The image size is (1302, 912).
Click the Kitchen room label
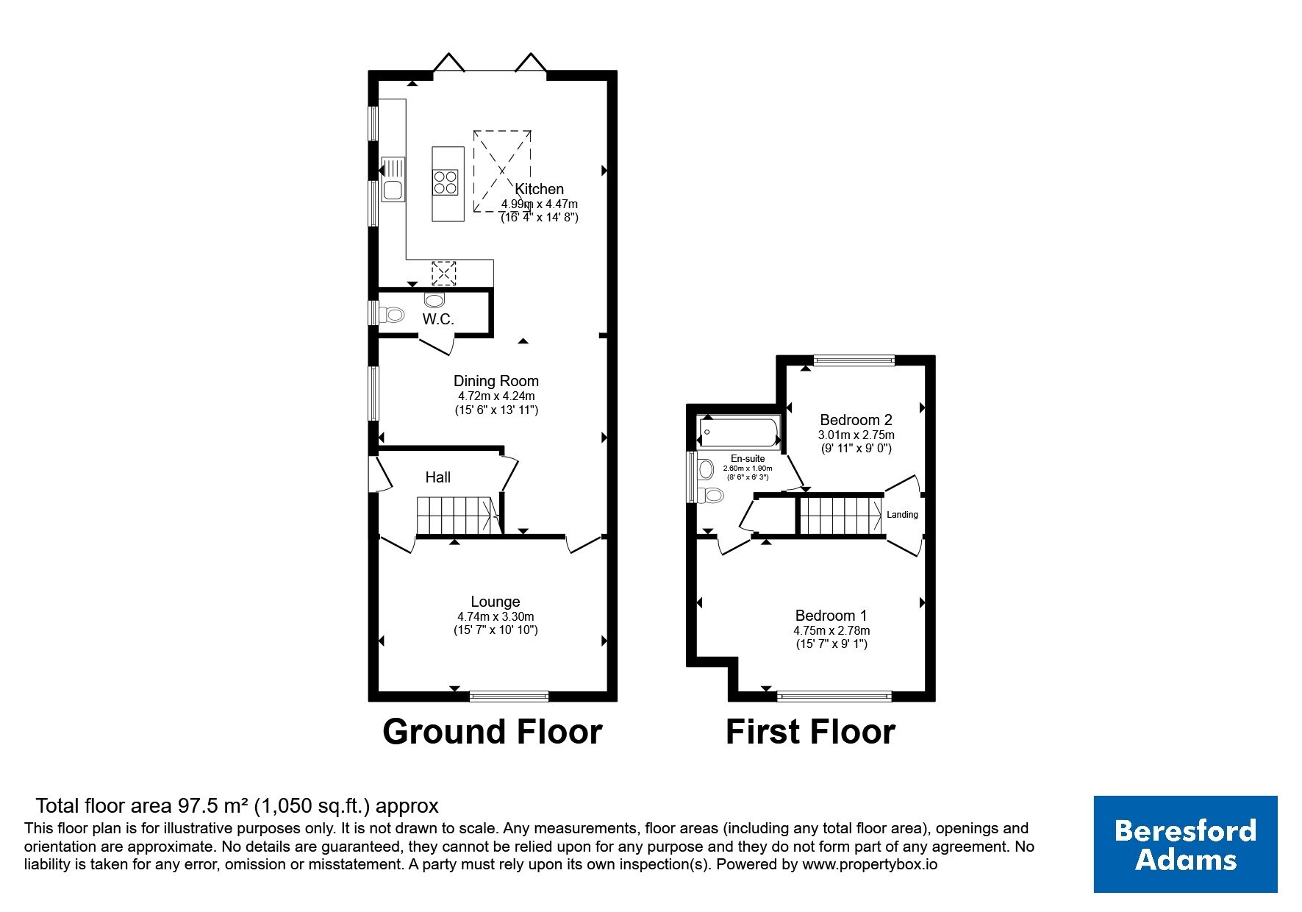(539, 189)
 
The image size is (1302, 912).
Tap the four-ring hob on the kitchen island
(445, 182)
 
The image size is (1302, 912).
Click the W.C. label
(438, 319)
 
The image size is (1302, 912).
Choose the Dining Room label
(496, 381)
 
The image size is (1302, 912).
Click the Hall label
(438, 477)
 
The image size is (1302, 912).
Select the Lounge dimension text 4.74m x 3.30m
(496, 617)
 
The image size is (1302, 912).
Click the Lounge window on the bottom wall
(509, 696)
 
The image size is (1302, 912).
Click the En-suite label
(748, 458)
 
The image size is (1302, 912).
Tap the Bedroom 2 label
(856, 420)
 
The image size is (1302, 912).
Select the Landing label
(902, 515)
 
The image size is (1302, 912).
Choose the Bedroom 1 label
(831, 616)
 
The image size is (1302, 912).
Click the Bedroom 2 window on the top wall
(854, 360)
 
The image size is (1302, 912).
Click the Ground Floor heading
(493, 732)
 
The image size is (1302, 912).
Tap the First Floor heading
(811, 732)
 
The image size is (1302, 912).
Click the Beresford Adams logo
(1186, 844)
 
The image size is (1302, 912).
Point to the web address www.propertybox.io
(870, 866)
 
